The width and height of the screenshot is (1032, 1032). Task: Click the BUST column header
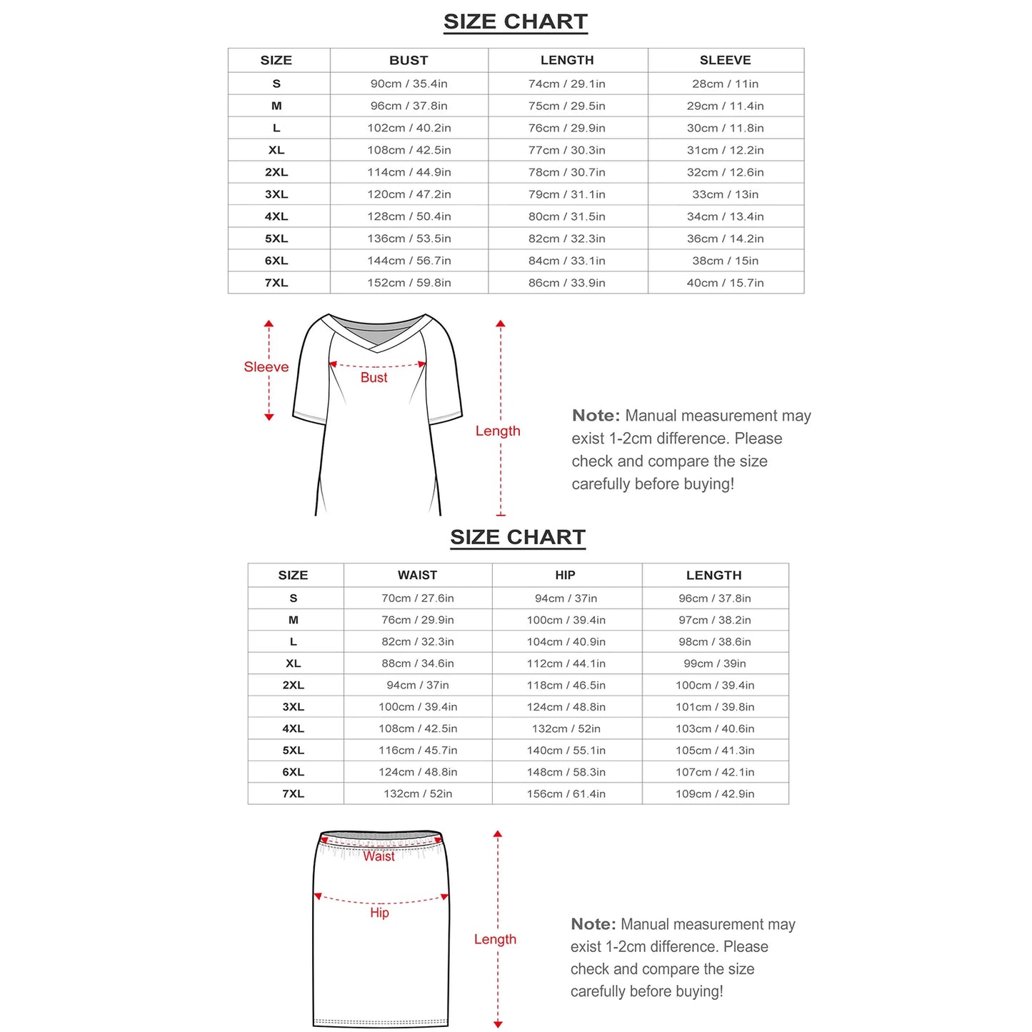[x=409, y=61]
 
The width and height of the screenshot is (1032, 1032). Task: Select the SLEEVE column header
[x=725, y=61]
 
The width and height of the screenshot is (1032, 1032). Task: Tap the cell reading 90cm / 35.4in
[x=409, y=84]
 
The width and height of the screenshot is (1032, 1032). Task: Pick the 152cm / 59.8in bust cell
[x=409, y=283]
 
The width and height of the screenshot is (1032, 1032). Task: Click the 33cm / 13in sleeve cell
[x=725, y=194]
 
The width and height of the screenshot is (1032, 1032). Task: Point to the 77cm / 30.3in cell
[x=566, y=150]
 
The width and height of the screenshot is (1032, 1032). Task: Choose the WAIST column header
[x=417, y=575]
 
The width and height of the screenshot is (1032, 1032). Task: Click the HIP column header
[x=565, y=575]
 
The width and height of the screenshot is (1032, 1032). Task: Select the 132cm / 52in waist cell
[x=418, y=793]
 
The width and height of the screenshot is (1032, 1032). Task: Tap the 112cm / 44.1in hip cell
[x=566, y=663]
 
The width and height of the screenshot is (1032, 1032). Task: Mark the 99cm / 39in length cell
[x=714, y=663]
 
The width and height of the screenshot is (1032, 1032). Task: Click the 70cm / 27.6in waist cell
[x=418, y=598]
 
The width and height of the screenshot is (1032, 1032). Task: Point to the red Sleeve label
[x=266, y=367]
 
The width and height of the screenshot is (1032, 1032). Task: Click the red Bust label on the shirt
[x=374, y=378]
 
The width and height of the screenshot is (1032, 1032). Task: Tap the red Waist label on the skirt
[x=379, y=856]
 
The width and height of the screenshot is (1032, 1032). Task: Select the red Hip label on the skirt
[x=379, y=913]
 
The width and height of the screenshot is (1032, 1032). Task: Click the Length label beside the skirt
[x=495, y=939]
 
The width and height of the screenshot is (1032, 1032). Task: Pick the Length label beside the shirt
[x=498, y=431]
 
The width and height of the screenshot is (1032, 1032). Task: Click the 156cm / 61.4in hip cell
[x=566, y=793]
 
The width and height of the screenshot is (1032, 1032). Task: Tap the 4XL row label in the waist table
[x=293, y=728]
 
